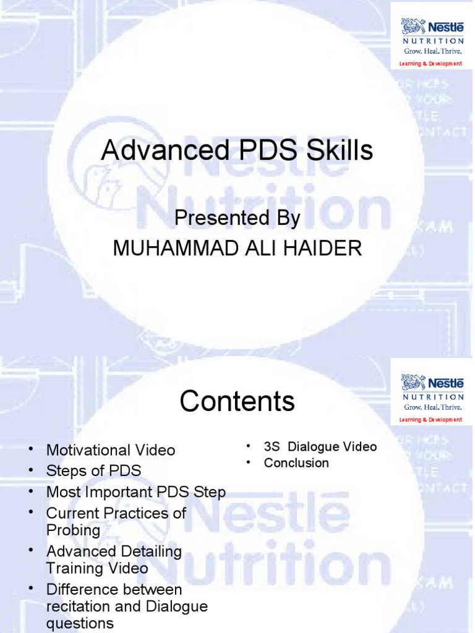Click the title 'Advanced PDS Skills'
coord(237,151)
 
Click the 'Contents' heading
coord(237,402)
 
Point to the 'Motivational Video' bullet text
coord(111,450)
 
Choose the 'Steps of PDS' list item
coord(93,470)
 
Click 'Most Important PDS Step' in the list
coord(136,492)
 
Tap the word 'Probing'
coord(73,530)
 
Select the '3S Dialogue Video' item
coord(320,446)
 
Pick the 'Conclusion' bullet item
coord(296,463)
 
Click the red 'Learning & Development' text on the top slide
coord(430,64)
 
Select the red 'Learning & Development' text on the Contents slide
coord(430,420)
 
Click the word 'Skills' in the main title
coord(342,151)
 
